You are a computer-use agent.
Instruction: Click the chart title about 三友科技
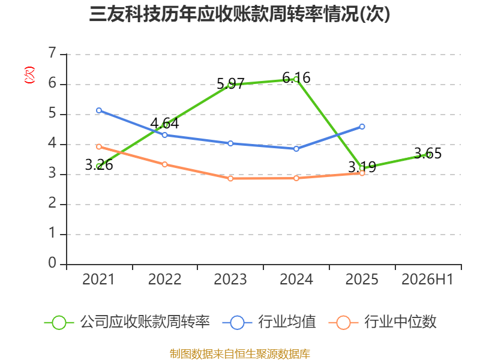(239, 14)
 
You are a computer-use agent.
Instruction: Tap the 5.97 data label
(230, 83)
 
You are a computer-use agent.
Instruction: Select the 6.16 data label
(296, 78)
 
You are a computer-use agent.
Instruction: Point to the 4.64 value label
(164, 124)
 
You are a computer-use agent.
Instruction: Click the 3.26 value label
(99, 165)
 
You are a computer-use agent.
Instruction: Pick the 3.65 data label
(428, 154)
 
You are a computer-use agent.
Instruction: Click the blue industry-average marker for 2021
(99, 110)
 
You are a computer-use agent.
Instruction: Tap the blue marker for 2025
(362, 127)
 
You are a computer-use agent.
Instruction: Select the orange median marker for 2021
(99, 146)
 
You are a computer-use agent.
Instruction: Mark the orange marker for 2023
(230, 178)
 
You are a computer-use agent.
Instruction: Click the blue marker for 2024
(296, 149)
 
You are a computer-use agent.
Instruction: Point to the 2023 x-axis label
(230, 279)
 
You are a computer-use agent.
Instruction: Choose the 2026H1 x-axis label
(427, 279)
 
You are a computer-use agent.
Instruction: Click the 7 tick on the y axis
(52, 53)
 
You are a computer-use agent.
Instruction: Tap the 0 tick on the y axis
(52, 263)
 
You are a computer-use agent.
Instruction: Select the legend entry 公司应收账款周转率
(127, 322)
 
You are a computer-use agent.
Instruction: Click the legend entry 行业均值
(269, 322)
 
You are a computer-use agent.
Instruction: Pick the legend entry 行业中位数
(382, 322)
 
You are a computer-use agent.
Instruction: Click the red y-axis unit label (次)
(29, 75)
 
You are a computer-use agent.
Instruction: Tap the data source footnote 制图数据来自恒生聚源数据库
(240, 354)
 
